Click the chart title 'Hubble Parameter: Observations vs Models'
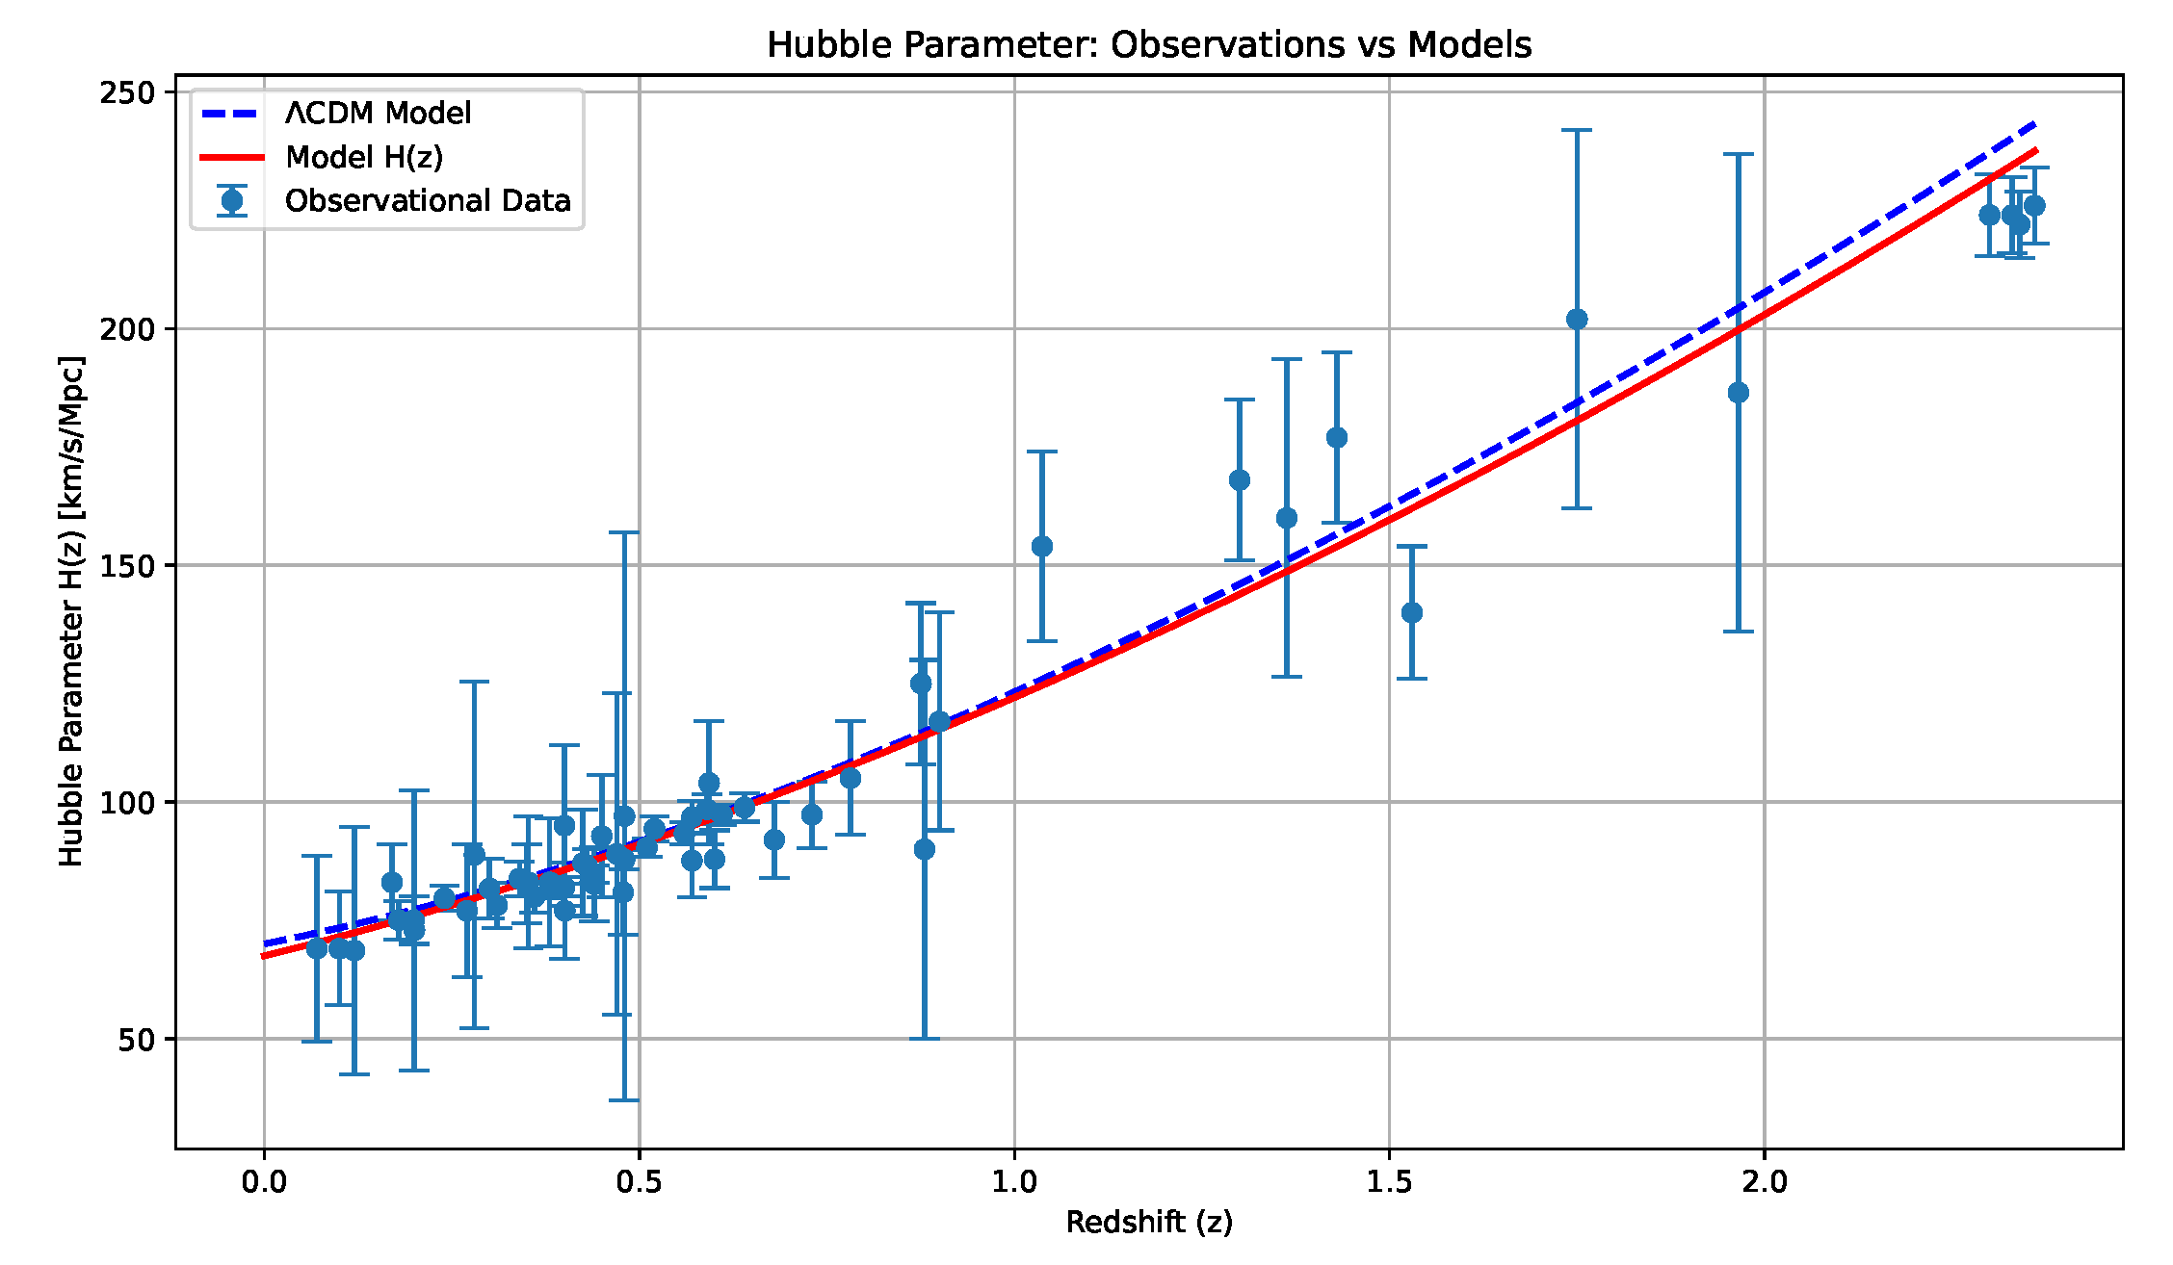pyautogui.click(x=1148, y=45)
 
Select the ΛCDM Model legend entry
pyautogui.click(x=378, y=114)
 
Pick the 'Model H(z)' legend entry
pyautogui.click(x=364, y=157)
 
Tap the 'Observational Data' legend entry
pyautogui.click(x=428, y=200)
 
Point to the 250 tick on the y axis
pyautogui.click(x=127, y=92)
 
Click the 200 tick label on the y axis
pyautogui.click(x=127, y=329)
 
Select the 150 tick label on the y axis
pyautogui.click(x=127, y=566)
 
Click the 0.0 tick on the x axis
pyautogui.click(x=264, y=1181)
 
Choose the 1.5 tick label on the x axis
pyautogui.click(x=1389, y=1181)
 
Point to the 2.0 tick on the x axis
pyautogui.click(x=1764, y=1181)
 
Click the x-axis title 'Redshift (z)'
pyautogui.click(x=1148, y=1222)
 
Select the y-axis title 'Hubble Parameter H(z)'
pyautogui.click(x=71, y=611)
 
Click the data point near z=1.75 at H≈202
pyautogui.click(x=1577, y=320)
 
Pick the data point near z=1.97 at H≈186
pyautogui.click(x=1739, y=393)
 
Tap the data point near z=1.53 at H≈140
pyautogui.click(x=1412, y=612)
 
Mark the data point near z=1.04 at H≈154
pyautogui.click(x=1042, y=547)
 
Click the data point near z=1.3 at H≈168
pyautogui.click(x=1240, y=480)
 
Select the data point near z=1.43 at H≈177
pyautogui.click(x=1337, y=438)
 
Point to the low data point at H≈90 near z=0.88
pyautogui.click(x=925, y=849)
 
